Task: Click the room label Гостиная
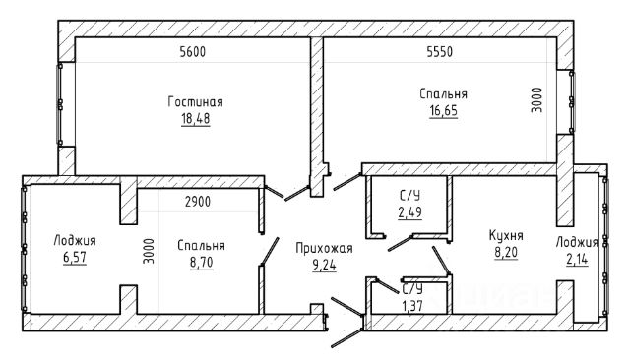click(x=195, y=102)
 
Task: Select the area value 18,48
click(x=196, y=119)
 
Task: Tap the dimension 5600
click(x=193, y=52)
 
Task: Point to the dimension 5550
click(x=440, y=52)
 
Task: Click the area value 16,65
click(x=444, y=110)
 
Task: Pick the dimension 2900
click(x=198, y=202)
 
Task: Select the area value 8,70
click(x=201, y=263)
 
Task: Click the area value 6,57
click(x=75, y=258)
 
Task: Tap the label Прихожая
click(x=324, y=248)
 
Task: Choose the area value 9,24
click(x=324, y=265)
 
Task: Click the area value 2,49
click(x=410, y=212)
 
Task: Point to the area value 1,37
click(x=412, y=306)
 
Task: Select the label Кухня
click(x=506, y=235)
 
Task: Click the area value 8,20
click(x=506, y=253)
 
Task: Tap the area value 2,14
click(x=577, y=260)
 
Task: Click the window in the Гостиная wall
click(x=60, y=104)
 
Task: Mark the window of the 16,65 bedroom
click(x=572, y=102)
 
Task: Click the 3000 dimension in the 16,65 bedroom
click(x=536, y=100)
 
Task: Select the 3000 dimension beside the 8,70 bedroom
click(x=149, y=251)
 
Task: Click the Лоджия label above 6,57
click(x=75, y=241)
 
